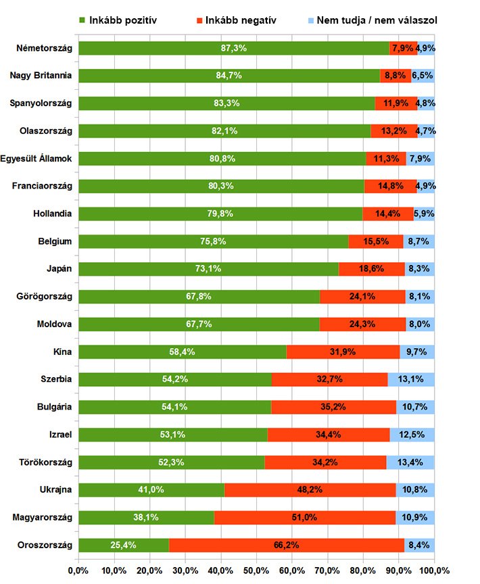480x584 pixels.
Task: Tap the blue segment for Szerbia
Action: click(411, 379)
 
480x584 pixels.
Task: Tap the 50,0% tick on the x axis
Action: click(256, 570)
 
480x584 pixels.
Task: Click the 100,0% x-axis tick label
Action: click(433, 570)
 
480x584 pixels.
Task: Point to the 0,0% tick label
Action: click(79, 570)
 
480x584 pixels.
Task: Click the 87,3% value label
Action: click(233, 48)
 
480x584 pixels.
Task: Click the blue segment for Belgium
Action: click(419, 241)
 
